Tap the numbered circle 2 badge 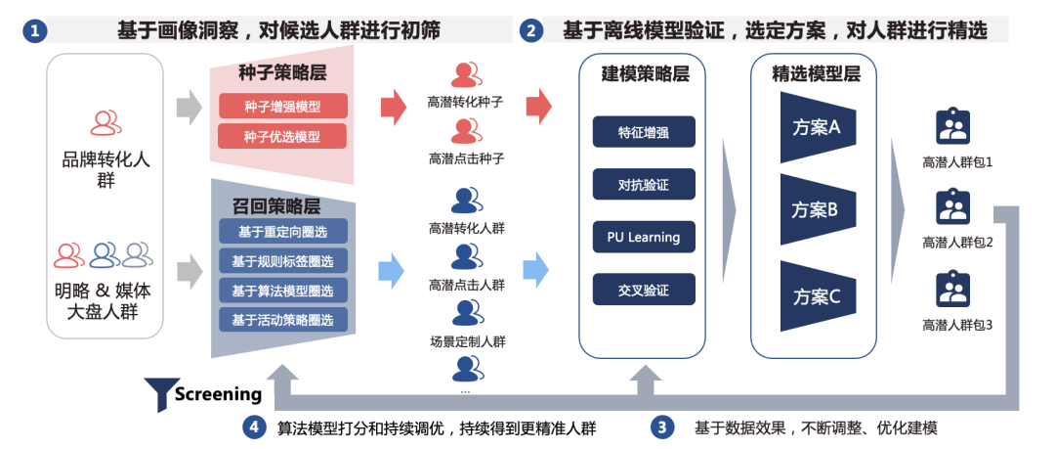tap(532, 31)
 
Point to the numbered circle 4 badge tap(253, 427)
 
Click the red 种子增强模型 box tap(282, 107)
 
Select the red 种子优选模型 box tap(282, 137)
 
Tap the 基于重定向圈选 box tap(282, 232)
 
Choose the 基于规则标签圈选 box tap(282, 261)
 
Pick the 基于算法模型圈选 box tap(282, 291)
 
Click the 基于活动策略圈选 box tap(282, 320)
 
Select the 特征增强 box tap(644, 132)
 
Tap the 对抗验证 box tap(644, 184)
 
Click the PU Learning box tap(644, 236)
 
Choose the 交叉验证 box tap(644, 289)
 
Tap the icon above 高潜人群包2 tap(952, 207)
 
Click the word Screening tap(218, 394)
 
